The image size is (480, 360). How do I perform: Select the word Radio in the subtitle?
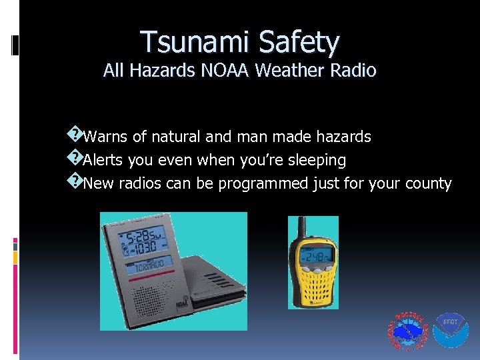click(x=354, y=70)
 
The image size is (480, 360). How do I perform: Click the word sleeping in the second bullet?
click(x=315, y=161)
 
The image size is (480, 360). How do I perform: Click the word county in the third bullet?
click(x=428, y=184)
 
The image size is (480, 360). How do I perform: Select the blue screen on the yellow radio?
click(x=314, y=257)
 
